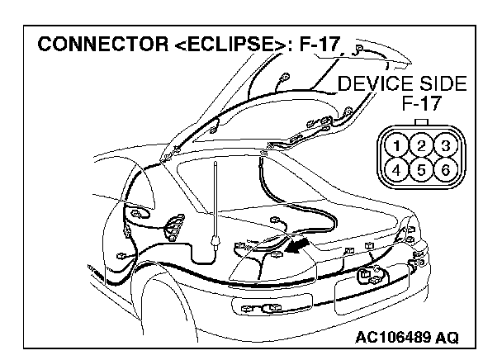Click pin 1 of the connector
pos(400,146)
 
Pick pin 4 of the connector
pos(400,171)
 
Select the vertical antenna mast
pos(215,198)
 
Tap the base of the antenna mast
pos(215,241)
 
